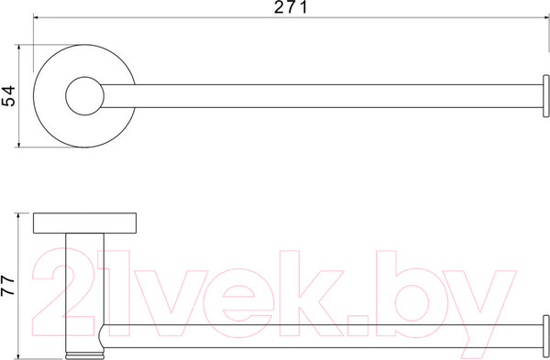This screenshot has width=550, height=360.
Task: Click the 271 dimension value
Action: (291, 7)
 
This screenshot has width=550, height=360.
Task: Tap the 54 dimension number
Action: (9, 95)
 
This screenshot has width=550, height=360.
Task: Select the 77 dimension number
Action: (7, 285)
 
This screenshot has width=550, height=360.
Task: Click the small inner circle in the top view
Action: (85, 95)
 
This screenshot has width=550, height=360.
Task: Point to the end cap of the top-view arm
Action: (545, 96)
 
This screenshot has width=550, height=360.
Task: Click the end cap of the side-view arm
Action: (545, 336)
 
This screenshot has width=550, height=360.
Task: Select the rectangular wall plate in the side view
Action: (85, 223)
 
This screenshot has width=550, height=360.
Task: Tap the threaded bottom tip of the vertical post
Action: (85, 355)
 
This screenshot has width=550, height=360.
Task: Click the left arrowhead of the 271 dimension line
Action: (36, 16)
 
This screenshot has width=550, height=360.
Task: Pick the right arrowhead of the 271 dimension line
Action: (546, 16)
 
